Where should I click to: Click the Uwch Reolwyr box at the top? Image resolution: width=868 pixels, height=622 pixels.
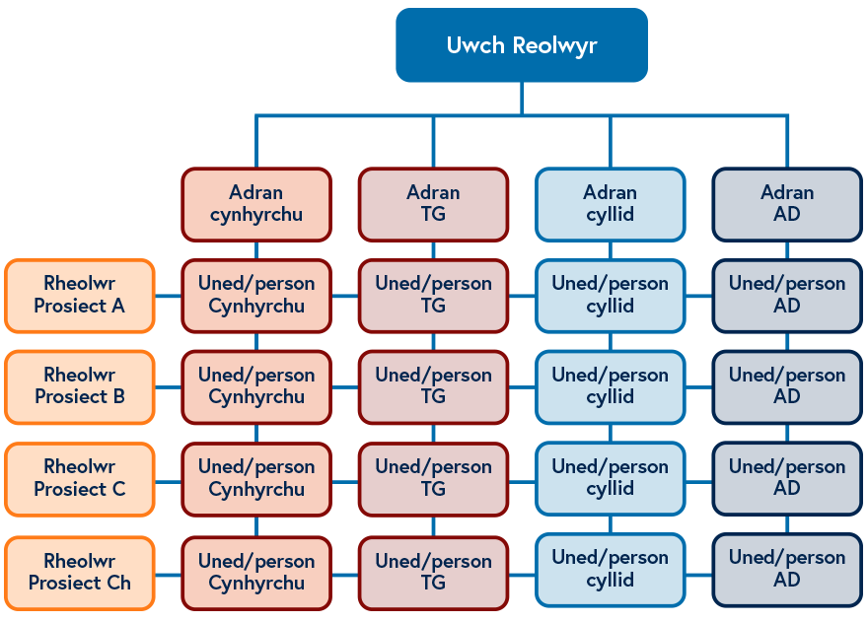522,45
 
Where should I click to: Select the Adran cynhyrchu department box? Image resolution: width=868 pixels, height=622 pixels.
256,204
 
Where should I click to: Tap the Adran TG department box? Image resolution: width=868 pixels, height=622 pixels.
433,204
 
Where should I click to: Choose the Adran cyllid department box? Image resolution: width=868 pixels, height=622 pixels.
610,204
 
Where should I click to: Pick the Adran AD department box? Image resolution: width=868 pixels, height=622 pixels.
787,204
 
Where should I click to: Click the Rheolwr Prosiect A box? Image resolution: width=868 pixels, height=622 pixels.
80,295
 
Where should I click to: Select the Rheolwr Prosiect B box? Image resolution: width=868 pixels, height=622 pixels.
80,386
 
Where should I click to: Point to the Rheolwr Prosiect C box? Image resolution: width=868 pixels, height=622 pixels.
80,478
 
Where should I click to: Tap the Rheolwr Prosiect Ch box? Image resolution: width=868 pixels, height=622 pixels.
80,572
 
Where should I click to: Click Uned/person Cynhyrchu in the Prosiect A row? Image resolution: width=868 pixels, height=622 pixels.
256,295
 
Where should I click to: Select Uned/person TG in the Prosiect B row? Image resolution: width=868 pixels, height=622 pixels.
433,386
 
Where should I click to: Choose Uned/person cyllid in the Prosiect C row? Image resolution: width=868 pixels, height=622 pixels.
610,478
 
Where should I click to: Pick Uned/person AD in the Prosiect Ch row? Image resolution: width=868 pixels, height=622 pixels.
787,569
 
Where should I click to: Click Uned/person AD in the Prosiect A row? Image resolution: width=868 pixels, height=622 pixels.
787,295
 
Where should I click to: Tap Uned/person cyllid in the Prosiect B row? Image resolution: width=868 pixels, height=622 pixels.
610,386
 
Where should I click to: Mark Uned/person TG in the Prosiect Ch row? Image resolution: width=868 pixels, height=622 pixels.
433,572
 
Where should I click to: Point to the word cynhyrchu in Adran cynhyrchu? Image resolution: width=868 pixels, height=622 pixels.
256,215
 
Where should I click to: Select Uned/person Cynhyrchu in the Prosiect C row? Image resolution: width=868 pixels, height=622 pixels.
256,478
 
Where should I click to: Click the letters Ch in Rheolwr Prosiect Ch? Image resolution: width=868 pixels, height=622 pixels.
118,584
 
